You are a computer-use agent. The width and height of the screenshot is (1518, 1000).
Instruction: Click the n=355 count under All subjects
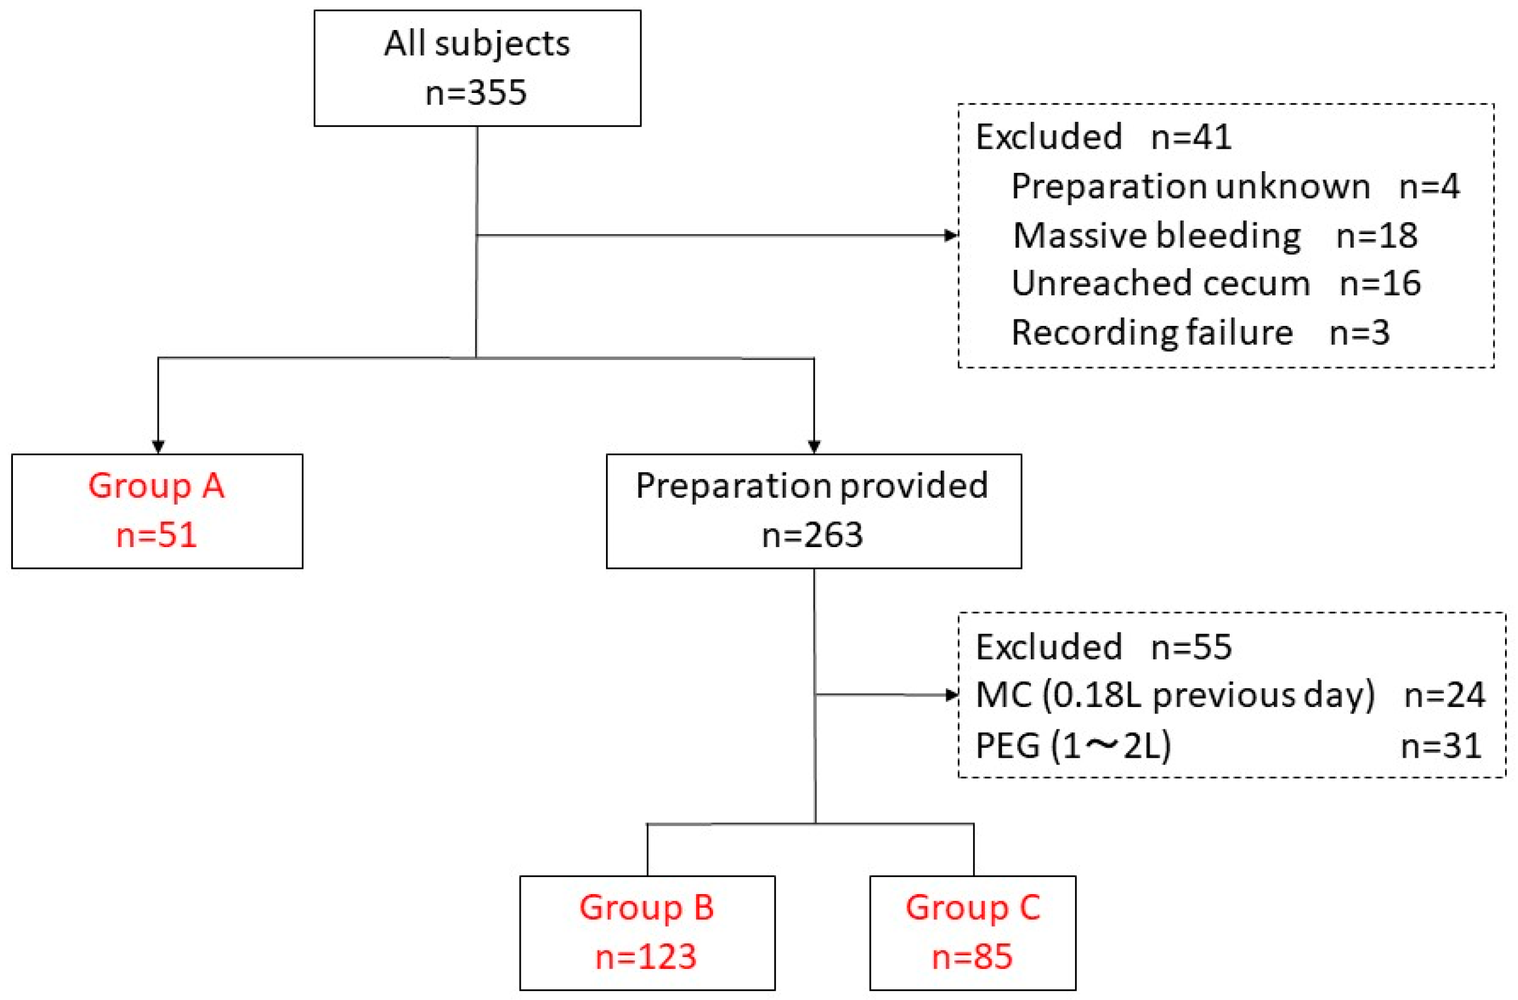point(476,93)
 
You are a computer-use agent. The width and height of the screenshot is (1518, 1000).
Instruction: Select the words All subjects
point(477,45)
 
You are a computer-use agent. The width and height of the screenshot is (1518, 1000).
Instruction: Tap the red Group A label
point(157,486)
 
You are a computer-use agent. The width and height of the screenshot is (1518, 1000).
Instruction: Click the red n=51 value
point(157,535)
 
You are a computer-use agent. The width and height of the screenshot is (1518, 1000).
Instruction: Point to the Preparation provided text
point(812,486)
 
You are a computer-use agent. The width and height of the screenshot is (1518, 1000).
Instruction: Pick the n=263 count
point(812,535)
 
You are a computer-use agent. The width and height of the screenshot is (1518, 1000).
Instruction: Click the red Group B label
point(646,908)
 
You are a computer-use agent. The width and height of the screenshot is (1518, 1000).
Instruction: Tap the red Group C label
point(972,908)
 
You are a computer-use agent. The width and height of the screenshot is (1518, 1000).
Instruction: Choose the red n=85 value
point(972,956)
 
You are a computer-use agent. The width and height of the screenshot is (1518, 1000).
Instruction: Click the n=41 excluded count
point(1191,137)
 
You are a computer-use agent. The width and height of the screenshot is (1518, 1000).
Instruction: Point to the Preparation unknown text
point(1190,187)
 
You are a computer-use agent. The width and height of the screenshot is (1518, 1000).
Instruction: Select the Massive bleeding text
point(1156,235)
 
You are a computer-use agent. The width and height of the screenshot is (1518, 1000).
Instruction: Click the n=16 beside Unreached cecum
point(1380,283)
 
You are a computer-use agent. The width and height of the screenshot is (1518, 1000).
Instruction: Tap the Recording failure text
point(1152,332)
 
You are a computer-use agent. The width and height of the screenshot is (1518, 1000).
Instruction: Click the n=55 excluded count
point(1191,647)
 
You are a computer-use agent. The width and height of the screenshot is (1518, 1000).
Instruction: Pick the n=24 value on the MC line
point(1444,695)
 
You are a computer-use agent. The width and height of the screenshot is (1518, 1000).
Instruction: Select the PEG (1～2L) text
point(1073,745)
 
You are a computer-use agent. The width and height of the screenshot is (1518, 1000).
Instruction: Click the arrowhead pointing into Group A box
point(158,446)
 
